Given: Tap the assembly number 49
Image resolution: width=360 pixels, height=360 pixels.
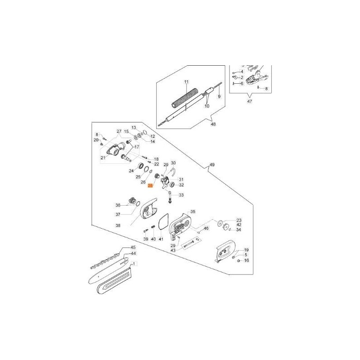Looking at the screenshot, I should (211, 166).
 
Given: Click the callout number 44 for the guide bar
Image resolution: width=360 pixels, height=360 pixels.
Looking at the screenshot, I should (133, 254).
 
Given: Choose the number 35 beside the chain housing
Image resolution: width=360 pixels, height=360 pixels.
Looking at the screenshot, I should (193, 211).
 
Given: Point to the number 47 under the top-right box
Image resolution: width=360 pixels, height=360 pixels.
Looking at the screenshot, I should (250, 102).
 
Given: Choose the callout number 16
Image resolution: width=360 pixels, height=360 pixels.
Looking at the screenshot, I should (246, 261).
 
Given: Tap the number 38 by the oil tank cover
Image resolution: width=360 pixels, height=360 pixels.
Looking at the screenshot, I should (118, 225).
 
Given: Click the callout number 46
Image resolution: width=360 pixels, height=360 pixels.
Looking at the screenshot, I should (206, 229).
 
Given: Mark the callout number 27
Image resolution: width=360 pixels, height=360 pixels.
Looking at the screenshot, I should (119, 131).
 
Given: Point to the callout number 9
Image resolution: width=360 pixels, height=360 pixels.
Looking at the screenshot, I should (219, 96).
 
